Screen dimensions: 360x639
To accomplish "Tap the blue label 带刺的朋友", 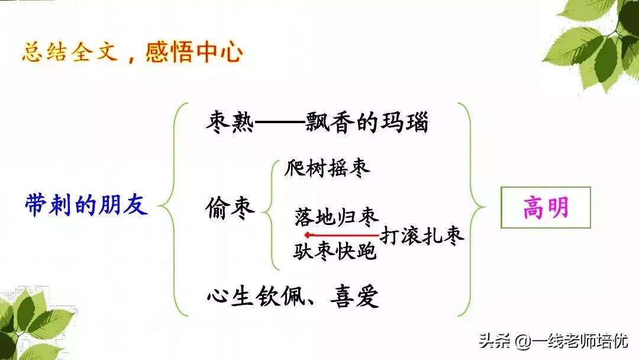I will [86, 205].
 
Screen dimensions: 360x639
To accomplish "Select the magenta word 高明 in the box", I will [546, 207].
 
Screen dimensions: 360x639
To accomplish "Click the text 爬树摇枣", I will [327, 168].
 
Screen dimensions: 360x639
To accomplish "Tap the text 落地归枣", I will [337, 218].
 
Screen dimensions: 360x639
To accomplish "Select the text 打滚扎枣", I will [422, 236].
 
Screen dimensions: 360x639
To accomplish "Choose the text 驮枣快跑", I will [335, 252].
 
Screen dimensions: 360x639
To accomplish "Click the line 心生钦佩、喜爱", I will [293, 296].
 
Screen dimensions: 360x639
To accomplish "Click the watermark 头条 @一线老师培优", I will [553, 340].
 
